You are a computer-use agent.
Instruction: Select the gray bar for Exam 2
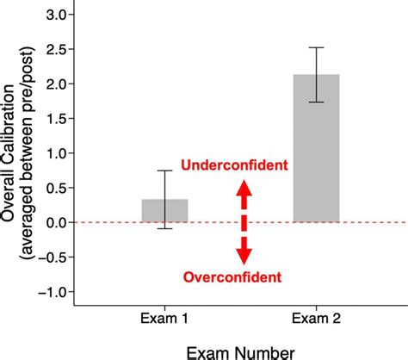coord(318,148)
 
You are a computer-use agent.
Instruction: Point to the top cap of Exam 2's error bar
coord(318,47)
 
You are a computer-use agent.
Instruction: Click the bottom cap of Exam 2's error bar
coord(318,102)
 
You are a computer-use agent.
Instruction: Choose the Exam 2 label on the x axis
coord(318,319)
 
